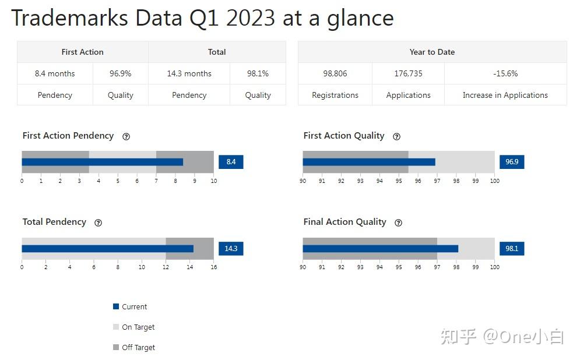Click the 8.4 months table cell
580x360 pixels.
55,73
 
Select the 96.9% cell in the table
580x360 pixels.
121,73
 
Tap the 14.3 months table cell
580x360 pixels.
189,73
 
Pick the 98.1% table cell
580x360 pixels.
258,73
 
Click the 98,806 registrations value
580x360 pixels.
335,73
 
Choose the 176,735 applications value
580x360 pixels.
408,73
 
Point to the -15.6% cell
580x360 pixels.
505,73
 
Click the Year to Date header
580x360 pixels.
432,52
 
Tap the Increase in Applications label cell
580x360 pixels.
505,95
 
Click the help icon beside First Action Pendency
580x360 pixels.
126,136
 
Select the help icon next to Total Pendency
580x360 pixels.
98,223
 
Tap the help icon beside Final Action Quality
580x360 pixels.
398,223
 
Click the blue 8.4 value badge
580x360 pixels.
231,162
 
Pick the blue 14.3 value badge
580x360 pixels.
231,248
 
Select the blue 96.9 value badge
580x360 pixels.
512,162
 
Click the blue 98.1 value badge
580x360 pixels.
512,248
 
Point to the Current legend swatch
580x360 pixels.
116,307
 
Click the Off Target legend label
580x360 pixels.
138,348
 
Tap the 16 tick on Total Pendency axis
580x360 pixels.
213,267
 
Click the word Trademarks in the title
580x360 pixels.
70,18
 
